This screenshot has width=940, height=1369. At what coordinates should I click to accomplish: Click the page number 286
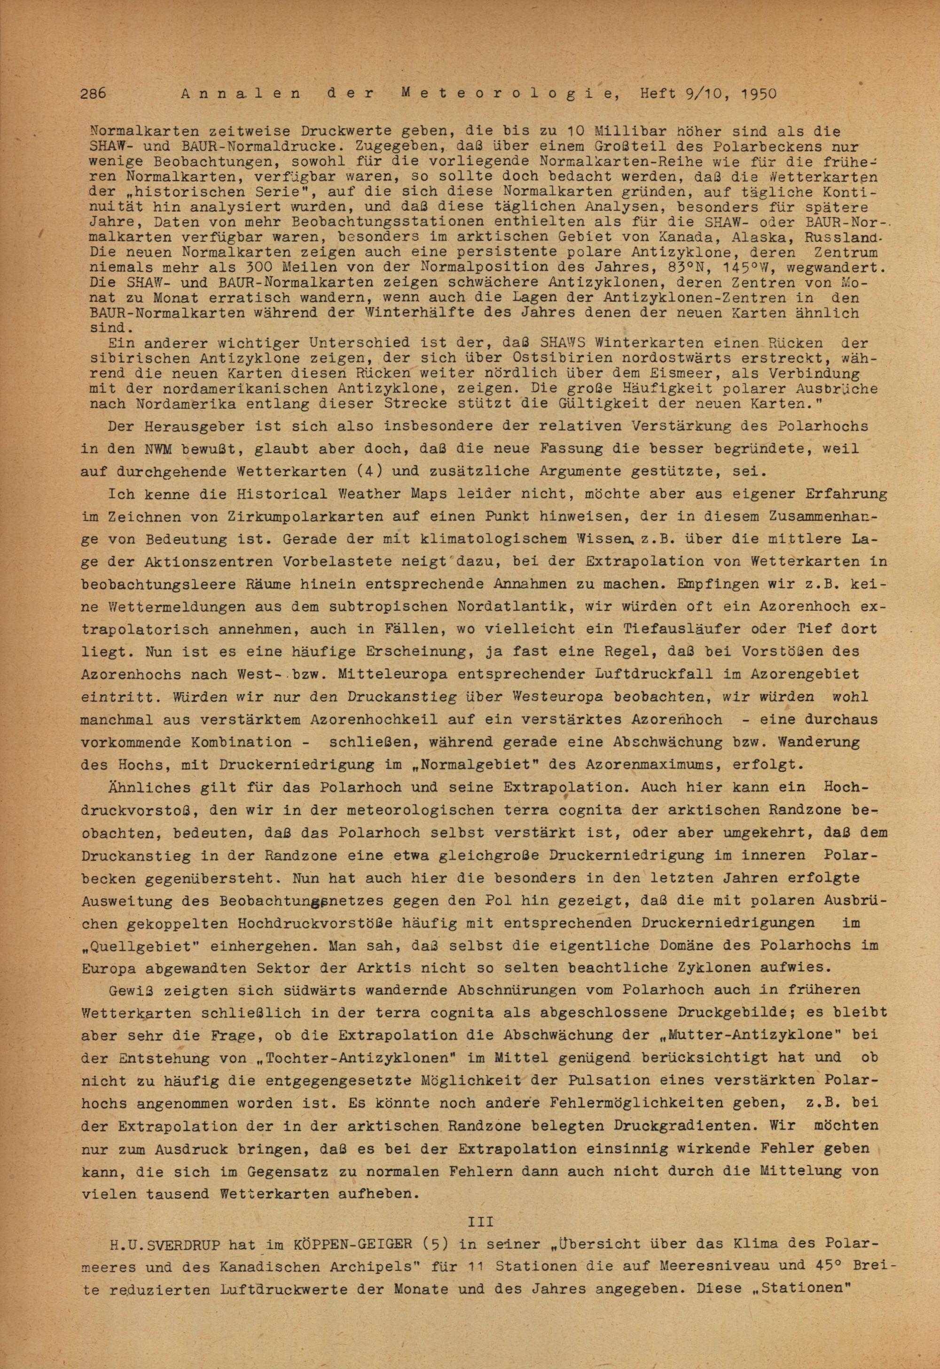(93, 94)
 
